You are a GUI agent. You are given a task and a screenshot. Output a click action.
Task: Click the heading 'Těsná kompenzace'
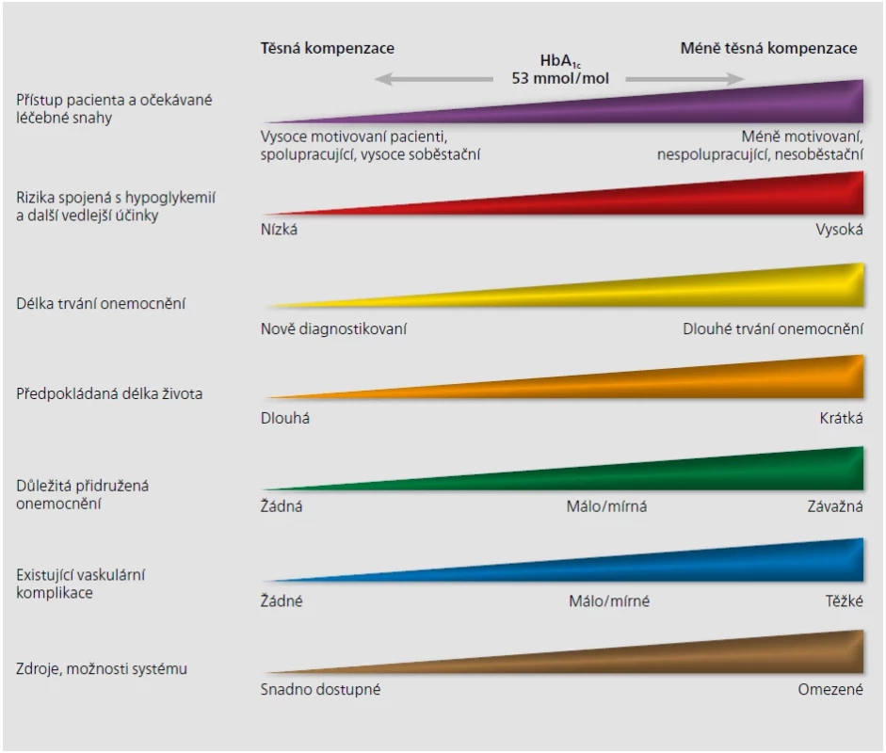(x=327, y=48)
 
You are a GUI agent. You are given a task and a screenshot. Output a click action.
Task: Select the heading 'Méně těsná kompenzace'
(x=768, y=48)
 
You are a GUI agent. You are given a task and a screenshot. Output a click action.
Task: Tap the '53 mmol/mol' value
(x=560, y=78)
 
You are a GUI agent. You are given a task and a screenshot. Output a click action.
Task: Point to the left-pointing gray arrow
(x=433, y=79)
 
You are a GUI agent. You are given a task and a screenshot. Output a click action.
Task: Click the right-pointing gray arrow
(x=685, y=79)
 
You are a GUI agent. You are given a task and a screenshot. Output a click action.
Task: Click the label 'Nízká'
(x=279, y=230)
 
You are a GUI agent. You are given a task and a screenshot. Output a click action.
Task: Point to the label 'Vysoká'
(x=839, y=230)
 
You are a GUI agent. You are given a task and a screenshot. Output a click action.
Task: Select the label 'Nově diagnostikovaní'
(x=333, y=328)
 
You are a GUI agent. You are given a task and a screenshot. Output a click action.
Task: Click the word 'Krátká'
(x=842, y=418)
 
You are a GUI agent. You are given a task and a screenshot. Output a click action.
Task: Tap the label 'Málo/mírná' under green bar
(x=607, y=506)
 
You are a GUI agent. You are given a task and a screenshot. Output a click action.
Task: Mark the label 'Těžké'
(x=845, y=601)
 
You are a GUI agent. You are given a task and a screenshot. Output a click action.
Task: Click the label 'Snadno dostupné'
(x=320, y=689)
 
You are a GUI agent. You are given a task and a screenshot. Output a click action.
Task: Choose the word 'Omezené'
(x=830, y=689)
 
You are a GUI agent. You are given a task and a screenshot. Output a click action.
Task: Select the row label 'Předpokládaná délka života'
(x=109, y=393)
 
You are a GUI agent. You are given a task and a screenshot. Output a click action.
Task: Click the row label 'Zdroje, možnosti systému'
(x=101, y=669)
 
